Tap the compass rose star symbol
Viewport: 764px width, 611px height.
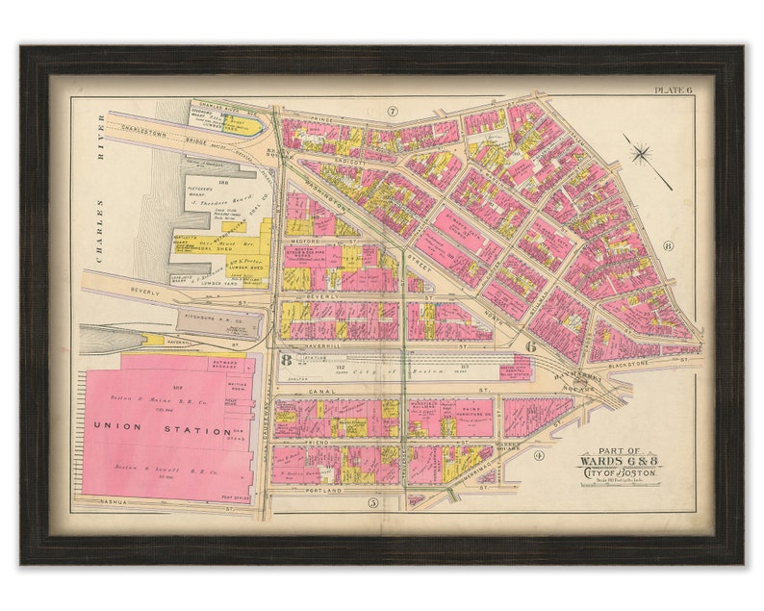click(642, 152)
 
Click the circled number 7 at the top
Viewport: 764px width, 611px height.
click(393, 112)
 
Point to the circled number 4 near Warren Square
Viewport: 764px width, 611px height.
click(539, 455)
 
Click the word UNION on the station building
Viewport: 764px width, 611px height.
click(118, 424)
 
